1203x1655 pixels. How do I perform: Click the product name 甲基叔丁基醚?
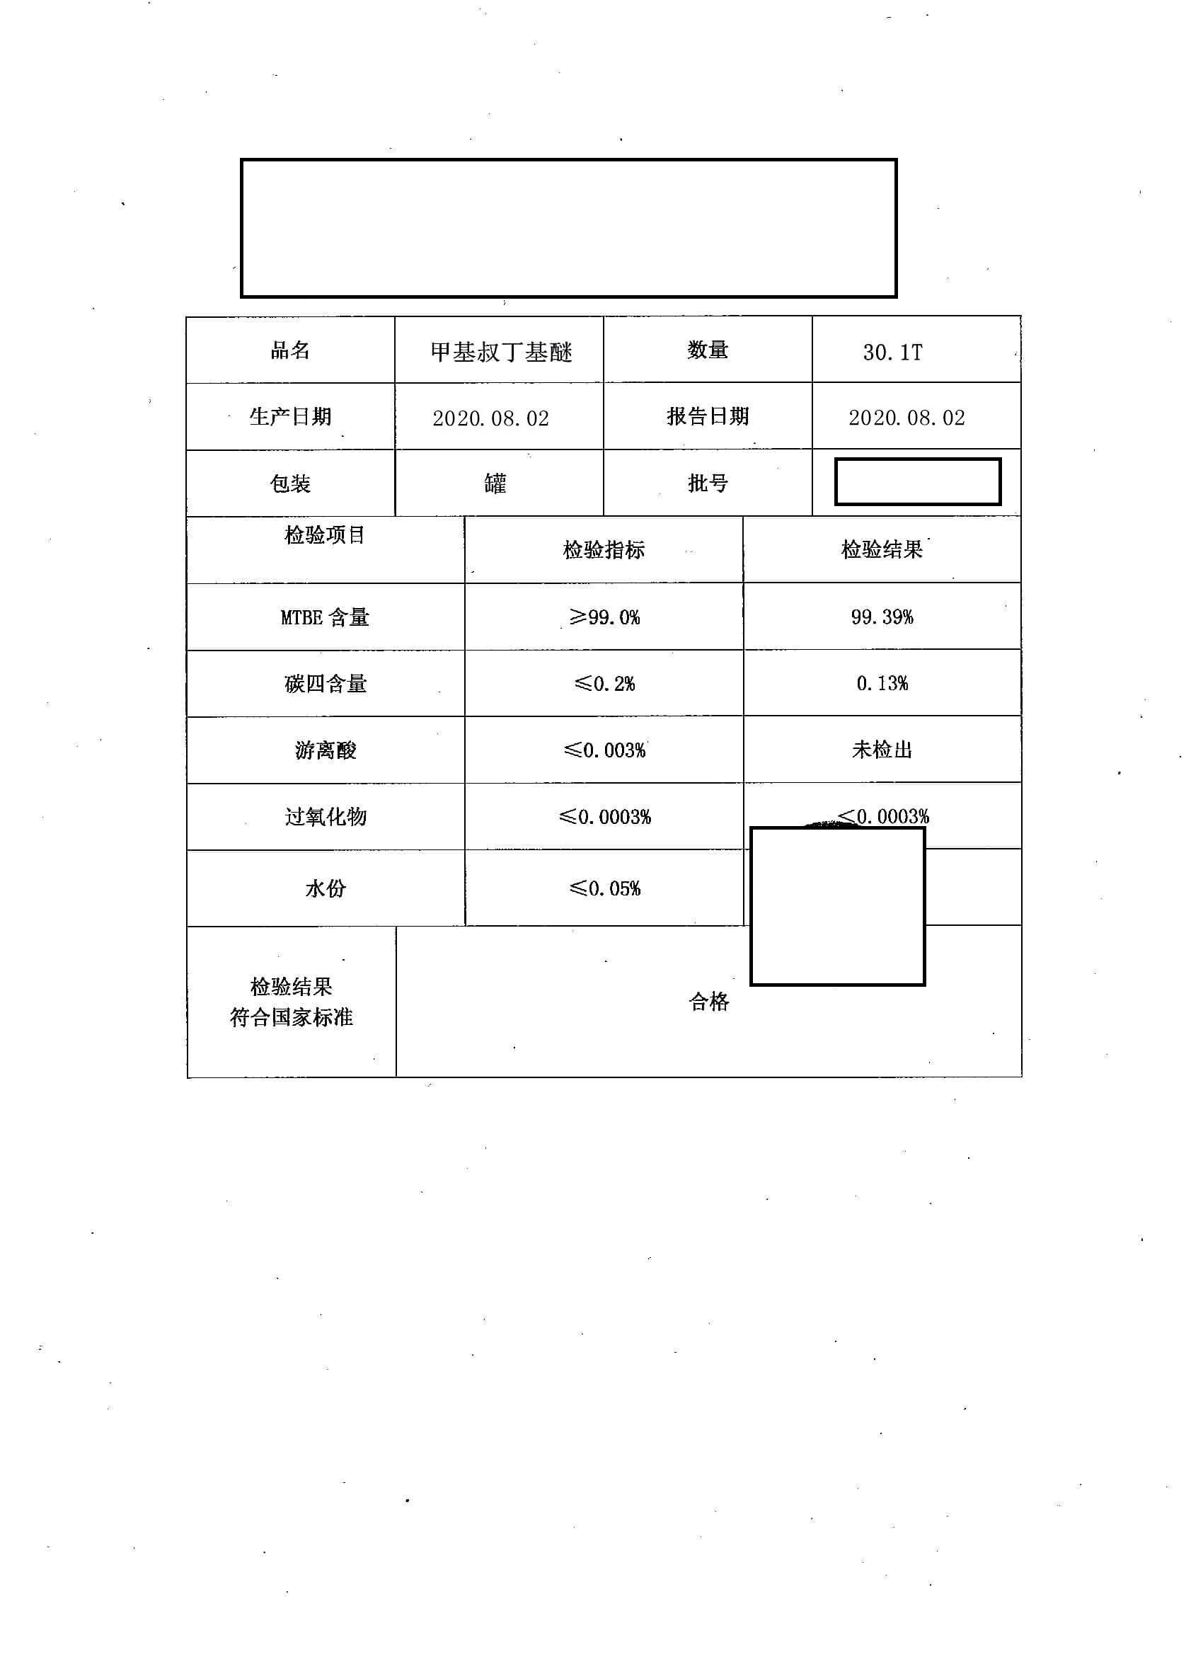click(x=500, y=353)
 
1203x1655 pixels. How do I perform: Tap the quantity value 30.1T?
click(x=892, y=353)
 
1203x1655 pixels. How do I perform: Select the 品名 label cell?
click(x=290, y=350)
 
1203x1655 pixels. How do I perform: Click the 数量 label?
click(x=707, y=350)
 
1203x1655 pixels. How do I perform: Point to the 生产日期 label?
click(x=290, y=417)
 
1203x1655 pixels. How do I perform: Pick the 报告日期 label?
click(x=707, y=416)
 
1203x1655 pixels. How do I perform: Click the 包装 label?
click(x=290, y=483)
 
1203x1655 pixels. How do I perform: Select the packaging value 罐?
click(x=495, y=483)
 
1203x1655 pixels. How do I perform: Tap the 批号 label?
click(x=707, y=483)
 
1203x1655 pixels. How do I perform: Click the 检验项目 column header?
click(x=325, y=535)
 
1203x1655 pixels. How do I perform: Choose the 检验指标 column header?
click(x=604, y=549)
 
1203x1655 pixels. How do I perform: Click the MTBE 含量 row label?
click(x=325, y=617)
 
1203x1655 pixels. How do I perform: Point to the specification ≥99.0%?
click(x=604, y=617)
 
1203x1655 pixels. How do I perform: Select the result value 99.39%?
click(x=881, y=617)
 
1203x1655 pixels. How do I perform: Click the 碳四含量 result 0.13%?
click(x=881, y=683)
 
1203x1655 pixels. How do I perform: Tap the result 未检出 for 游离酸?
click(x=881, y=750)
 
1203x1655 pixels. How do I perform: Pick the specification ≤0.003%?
click(x=604, y=750)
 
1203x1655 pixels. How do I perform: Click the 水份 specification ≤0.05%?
click(x=604, y=888)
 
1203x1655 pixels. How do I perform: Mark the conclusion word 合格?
click(x=708, y=1002)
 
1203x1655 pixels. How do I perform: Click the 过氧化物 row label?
click(x=325, y=817)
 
